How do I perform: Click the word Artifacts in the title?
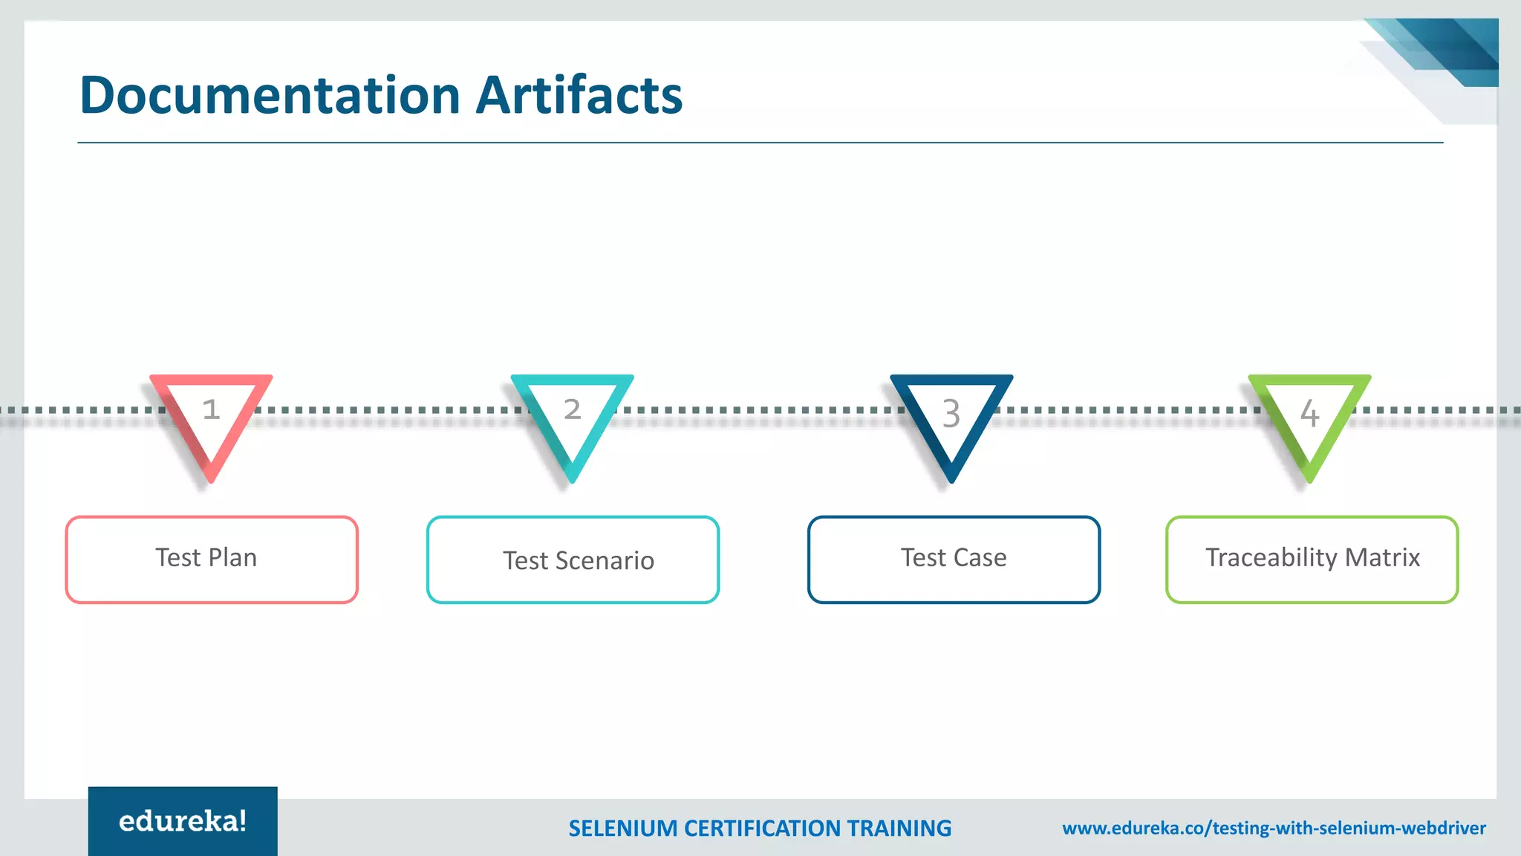click(579, 95)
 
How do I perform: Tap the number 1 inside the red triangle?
click(211, 409)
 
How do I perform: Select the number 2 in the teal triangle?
click(572, 409)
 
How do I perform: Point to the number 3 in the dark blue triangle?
click(951, 413)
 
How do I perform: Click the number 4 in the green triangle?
click(1309, 413)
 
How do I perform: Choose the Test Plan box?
click(212, 560)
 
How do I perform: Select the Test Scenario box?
click(573, 560)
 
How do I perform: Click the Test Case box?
click(954, 560)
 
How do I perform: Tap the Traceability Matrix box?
click(1312, 560)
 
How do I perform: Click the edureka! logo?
click(183, 821)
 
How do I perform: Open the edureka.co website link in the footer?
click(1274, 829)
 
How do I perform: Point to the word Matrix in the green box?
click(1382, 557)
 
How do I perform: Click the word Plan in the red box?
click(232, 557)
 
